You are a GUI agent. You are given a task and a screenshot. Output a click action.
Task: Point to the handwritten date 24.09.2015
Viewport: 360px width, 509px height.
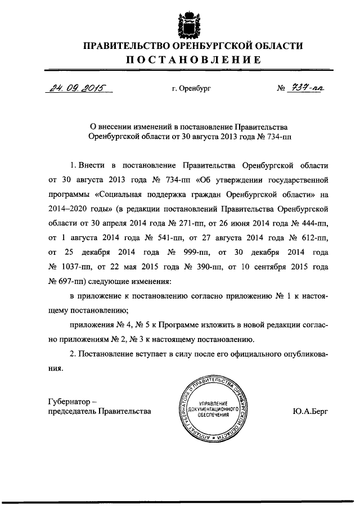[x=70, y=88]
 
